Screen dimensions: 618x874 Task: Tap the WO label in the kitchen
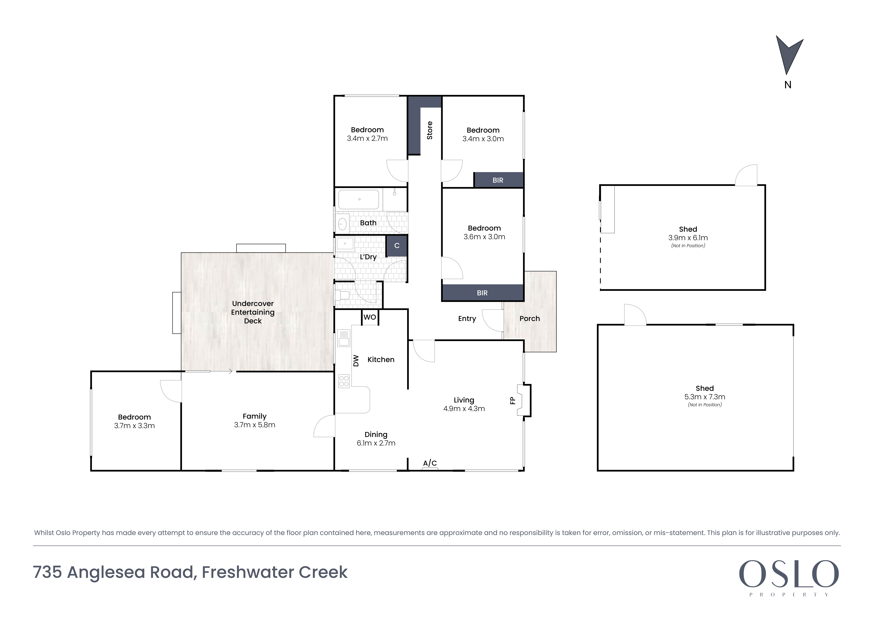370,317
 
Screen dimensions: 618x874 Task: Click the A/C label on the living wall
430,463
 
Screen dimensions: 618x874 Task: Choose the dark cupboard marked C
397,246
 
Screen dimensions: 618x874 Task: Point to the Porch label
529,318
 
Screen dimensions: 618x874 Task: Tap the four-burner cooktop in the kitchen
344,381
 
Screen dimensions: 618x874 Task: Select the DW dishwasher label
356,360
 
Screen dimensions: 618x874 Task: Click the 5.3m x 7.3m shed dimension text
705,397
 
